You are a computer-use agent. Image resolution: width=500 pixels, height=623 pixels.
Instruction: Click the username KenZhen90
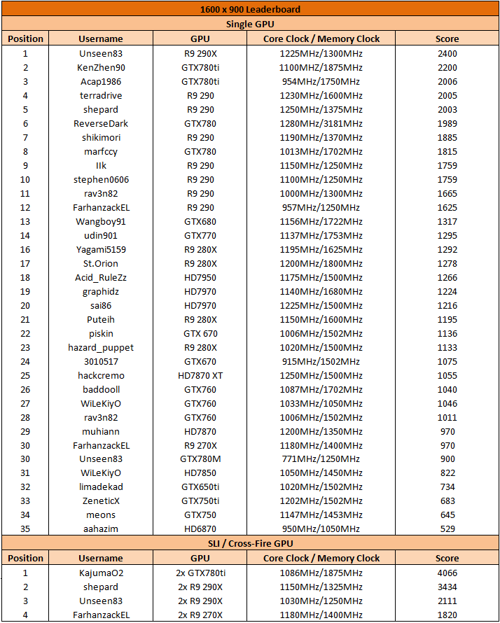pos(101,68)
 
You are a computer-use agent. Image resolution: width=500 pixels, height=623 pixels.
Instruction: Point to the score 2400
pos(447,54)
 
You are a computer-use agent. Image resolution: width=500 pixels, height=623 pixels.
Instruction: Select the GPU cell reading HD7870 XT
pos(200,375)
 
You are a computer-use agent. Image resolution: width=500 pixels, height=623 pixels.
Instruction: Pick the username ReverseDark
pos(101,124)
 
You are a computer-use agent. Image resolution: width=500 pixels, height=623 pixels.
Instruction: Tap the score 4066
pos(447,573)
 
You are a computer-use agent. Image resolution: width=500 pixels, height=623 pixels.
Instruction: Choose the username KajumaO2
pos(101,573)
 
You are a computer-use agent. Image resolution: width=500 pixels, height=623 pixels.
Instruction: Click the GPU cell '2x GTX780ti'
pos(200,573)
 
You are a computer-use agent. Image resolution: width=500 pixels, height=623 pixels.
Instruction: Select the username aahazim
pos(101,528)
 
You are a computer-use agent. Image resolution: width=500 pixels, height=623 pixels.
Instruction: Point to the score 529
pos(447,528)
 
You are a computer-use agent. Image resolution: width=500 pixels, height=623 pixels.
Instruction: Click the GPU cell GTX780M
pos(200,459)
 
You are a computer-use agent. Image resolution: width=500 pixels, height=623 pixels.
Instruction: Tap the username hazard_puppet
pos(101,347)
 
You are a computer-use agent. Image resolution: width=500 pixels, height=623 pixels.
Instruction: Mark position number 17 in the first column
pos(25,264)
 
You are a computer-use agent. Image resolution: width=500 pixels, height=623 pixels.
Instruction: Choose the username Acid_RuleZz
pos(101,278)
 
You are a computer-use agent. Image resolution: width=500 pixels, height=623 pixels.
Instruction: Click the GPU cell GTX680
pos(200,222)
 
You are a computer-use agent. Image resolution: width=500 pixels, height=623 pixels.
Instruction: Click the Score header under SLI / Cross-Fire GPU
pos(447,558)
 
